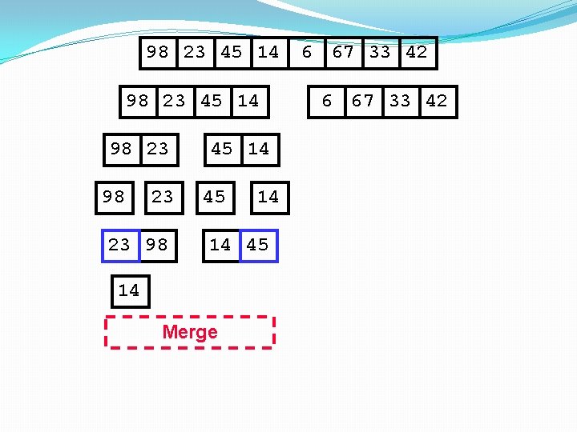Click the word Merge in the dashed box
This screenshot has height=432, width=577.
click(190, 332)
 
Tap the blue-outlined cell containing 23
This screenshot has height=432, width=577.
click(120, 245)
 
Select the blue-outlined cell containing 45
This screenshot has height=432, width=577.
click(258, 245)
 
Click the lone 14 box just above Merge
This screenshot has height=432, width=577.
click(129, 290)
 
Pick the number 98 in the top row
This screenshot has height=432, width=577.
click(158, 53)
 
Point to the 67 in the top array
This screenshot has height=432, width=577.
click(343, 53)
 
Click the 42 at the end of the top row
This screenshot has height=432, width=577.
click(417, 53)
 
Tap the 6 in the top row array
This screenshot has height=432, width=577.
click(306, 53)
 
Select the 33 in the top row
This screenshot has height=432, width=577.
click(380, 53)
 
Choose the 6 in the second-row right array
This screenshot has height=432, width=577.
click(327, 101)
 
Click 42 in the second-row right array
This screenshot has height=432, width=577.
click(437, 101)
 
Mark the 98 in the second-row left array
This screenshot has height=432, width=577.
click(138, 101)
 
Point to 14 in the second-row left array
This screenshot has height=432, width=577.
click(248, 101)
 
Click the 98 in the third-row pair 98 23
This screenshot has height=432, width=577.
click(121, 149)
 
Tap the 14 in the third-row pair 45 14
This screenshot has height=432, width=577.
click(259, 149)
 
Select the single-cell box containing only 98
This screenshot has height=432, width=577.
click(114, 197)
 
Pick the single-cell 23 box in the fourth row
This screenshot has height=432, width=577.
click(163, 197)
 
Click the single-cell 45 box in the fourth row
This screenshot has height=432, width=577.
click(215, 197)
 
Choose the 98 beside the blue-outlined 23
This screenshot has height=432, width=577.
click(158, 245)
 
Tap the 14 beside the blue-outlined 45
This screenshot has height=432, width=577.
click(220, 245)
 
